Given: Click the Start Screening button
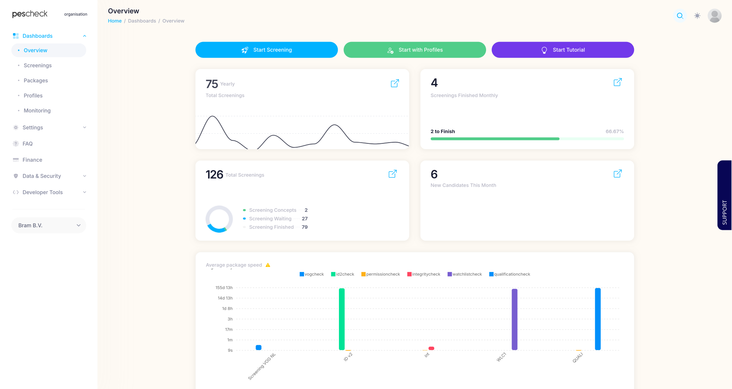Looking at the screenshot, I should (266, 50).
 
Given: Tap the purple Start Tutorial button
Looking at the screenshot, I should (562, 50).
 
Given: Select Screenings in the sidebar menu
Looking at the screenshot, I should (37, 66).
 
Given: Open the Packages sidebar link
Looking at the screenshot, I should (36, 80).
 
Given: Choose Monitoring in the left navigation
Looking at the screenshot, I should (37, 111).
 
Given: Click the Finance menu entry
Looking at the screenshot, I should (32, 160).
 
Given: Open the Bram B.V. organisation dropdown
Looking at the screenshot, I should (49, 225).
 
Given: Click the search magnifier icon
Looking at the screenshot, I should (680, 16).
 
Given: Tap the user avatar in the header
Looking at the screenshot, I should (714, 16).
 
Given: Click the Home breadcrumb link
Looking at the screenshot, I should (115, 21).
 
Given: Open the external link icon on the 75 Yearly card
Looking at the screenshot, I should (395, 83).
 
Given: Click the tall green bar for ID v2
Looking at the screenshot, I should (342, 319).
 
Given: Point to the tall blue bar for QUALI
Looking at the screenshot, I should (597, 319).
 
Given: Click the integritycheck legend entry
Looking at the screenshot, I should (424, 274).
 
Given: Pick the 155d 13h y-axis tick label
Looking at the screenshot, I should (224, 288).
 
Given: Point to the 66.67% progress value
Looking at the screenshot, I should (615, 132).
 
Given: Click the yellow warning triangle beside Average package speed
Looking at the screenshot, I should (268, 265).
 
